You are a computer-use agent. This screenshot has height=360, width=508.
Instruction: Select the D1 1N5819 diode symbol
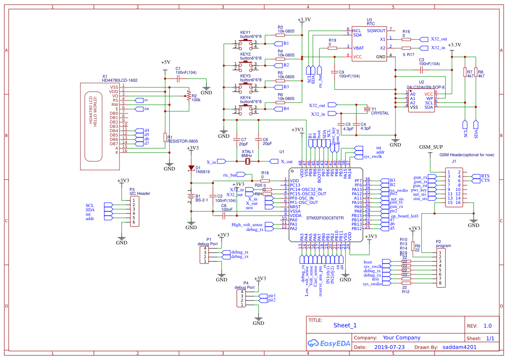(191, 168)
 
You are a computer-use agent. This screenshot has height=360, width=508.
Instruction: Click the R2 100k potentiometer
(188, 96)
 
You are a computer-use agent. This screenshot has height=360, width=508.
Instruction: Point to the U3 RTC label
(370, 22)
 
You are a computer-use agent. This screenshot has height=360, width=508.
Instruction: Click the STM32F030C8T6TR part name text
(325, 218)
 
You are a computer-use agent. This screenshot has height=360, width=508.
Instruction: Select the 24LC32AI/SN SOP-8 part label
(425, 87)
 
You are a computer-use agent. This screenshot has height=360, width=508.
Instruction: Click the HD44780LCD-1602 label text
(120, 80)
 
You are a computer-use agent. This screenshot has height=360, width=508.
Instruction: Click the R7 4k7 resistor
(465, 72)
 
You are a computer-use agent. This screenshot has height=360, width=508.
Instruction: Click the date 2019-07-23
(389, 347)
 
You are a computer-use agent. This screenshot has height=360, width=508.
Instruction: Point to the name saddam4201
(460, 347)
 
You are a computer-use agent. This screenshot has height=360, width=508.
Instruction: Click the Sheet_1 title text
(345, 325)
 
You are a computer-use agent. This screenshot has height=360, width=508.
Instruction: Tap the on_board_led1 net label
(405, 216)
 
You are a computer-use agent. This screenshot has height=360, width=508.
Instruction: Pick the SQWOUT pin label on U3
(376, 31)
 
